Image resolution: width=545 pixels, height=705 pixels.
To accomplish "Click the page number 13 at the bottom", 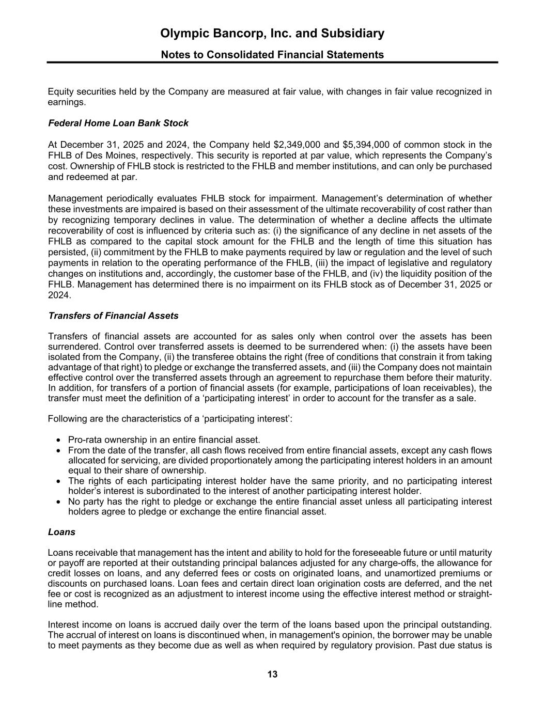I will pos(272,673).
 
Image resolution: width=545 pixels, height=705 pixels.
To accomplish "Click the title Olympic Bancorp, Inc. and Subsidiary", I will pos(272,34).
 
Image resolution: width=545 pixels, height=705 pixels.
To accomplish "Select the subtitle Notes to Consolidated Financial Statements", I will pos(272,55).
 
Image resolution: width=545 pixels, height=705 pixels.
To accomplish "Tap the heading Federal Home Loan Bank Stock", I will pos(118,123).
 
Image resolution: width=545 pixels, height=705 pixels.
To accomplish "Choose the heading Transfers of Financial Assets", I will pos(113,316).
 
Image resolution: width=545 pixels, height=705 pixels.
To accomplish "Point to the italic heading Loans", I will pos(61,531).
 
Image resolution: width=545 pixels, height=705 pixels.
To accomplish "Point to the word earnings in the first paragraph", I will pos(66,102).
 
